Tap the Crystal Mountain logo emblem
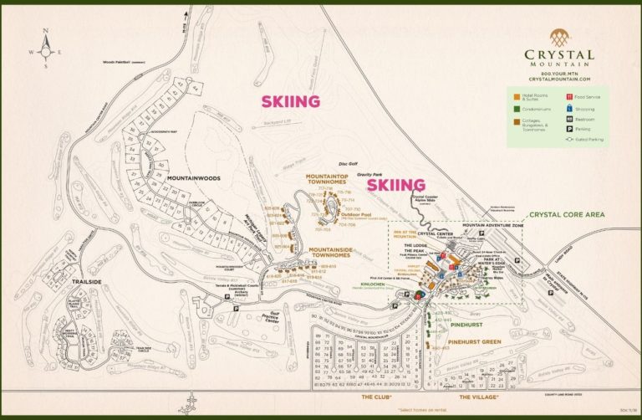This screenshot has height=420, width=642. pos(559,38)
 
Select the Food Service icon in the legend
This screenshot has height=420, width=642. pos(569,97)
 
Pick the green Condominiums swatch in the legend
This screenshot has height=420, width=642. pos(516,108)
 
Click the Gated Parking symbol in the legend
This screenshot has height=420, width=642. pos(569,141)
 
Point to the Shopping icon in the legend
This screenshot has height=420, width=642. pos(569,108)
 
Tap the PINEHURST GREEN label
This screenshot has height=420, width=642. pos(474,341)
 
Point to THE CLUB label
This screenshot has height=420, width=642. pos(374,397)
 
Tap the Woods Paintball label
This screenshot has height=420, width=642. pos(123,62)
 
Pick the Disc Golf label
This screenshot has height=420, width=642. pos(347,164)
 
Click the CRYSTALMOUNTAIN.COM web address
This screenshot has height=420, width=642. pos(559,79)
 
